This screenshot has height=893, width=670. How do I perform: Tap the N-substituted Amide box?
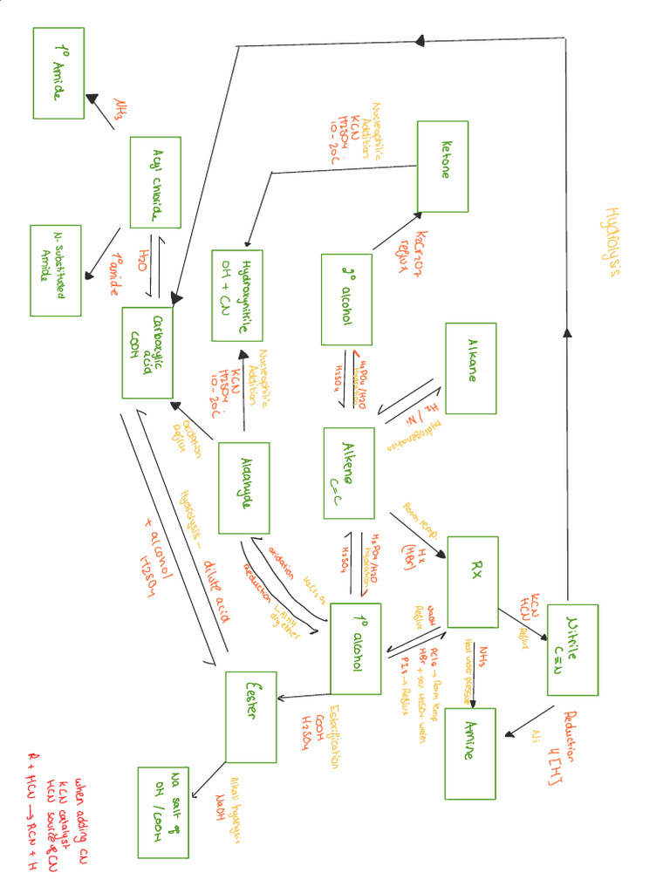point(55,270)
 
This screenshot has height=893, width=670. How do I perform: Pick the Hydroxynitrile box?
point(237,295)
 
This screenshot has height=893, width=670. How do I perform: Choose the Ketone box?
point(443,166)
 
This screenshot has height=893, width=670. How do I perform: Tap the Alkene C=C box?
point(348,471)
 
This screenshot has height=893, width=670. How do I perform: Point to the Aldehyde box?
point(243,487)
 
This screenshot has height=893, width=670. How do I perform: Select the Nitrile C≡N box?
point(572,650)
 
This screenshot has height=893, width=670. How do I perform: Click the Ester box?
point(250,717)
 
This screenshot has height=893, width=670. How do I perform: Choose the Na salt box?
point(163,812)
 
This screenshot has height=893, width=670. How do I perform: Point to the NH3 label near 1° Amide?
point(120,108)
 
